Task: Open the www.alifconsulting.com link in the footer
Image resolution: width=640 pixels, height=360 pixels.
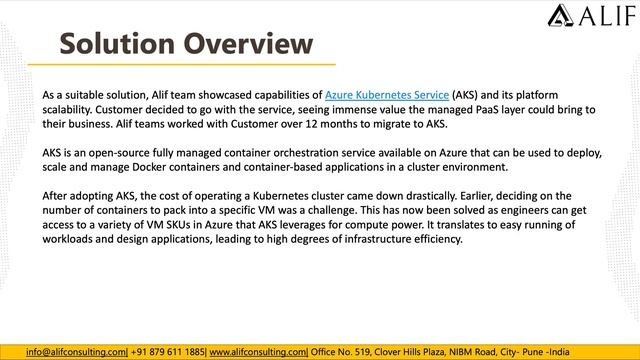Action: click(x=258, y=352)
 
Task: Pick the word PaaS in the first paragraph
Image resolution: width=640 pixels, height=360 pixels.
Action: click(x=463, y=108)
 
